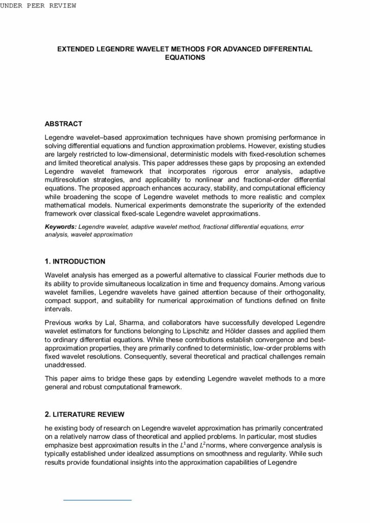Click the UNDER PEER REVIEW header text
(38, 6)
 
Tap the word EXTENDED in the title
(78, 49)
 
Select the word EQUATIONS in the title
(184, 58)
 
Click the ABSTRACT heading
(63, 124)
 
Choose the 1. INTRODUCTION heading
(75, 261)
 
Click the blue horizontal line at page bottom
(97, 499)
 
